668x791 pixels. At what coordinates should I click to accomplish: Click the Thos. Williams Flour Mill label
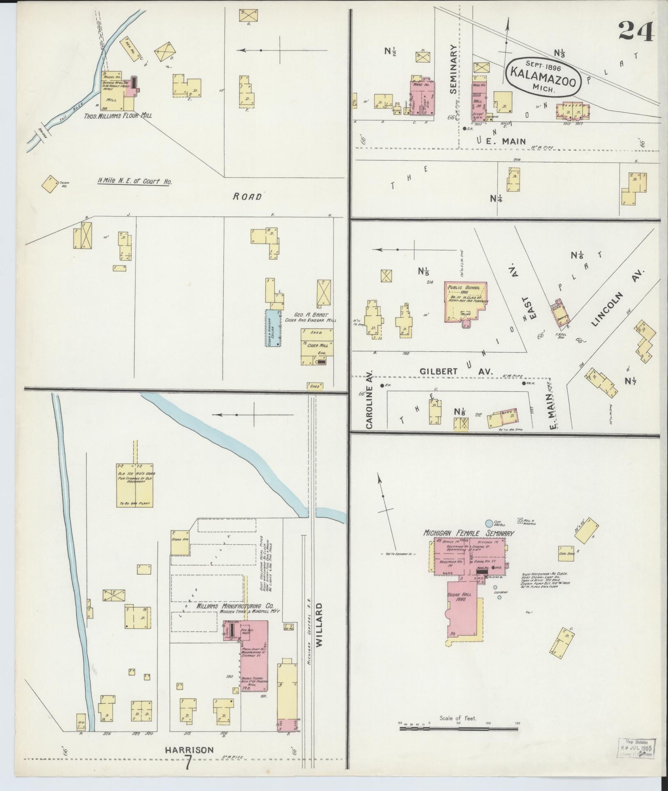tap(118, 115)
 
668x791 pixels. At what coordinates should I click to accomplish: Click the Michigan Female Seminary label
tap(469, 533)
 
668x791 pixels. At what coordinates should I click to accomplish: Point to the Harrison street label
tap(189, 750)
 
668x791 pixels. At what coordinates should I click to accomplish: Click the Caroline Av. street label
tap(368, 401)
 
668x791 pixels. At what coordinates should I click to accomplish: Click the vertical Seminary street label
tap(453, 69)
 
